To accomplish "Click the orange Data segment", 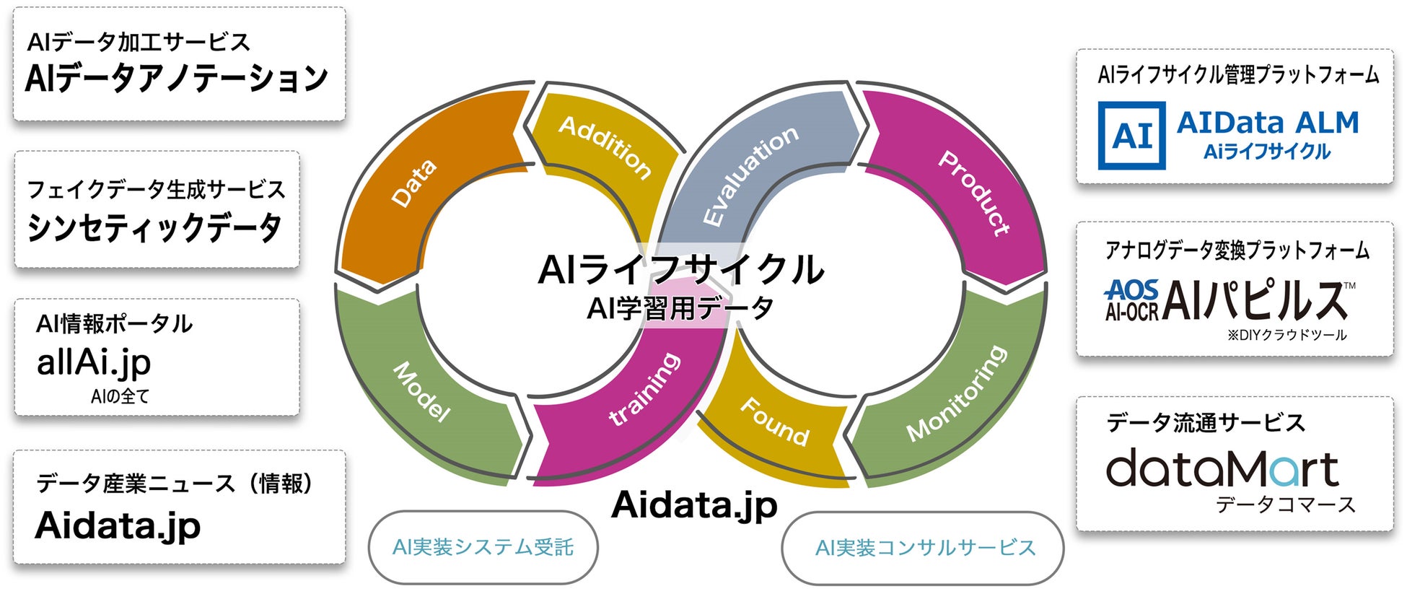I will (415, 184).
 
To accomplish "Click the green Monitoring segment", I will (957, 393).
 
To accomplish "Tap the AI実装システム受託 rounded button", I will (483, 547).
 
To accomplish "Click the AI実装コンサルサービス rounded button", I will (924, 548).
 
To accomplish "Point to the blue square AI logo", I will (1131, 136).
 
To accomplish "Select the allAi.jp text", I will (94, 362).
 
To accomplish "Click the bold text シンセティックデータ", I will (154, 228).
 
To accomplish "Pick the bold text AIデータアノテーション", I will (177, 78).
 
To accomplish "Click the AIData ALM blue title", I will (1267, 123).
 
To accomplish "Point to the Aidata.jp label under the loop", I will (694, 505).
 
